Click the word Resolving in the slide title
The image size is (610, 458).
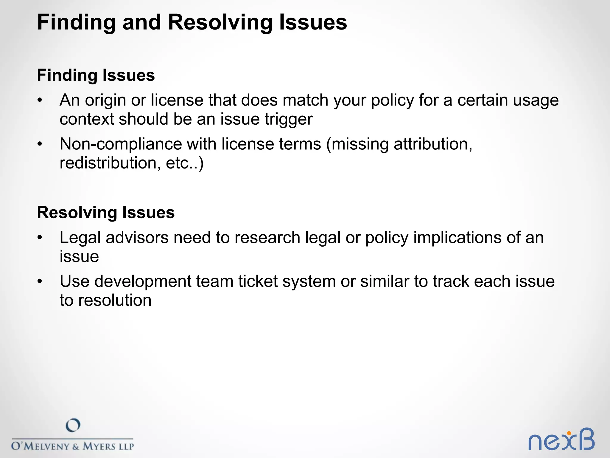(x=220, y=23)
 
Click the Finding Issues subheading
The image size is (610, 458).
(x=96, y=75)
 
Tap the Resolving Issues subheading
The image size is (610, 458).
(x=106, y=213)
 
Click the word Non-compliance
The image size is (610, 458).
(x=121, y=144)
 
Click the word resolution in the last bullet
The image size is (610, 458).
(x=115, y=300)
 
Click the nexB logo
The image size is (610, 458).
(x=561, y=440)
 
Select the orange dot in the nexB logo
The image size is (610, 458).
(x=569, y=433)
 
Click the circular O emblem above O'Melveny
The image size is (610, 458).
(x=73, y=425)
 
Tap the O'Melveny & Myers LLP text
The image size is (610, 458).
(x=73, y=446)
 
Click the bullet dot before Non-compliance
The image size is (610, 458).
(x=40, y=144)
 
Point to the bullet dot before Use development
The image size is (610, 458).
(x=40, y=281)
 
